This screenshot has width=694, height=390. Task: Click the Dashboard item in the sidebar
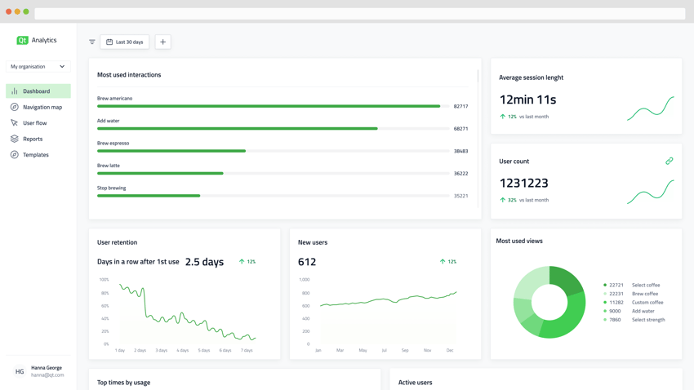point(37,91)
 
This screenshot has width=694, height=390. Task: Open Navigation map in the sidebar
point(42,107)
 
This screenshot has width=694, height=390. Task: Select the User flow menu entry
point(34,123)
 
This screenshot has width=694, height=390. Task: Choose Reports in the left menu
point(33,139)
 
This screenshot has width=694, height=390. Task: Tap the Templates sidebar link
point(35,155)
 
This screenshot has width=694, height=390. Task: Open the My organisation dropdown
point(38,67)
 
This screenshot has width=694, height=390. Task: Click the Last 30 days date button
point(124,42)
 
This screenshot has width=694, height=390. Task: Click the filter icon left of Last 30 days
point(92,42)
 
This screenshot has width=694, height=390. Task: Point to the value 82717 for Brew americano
point(460,106)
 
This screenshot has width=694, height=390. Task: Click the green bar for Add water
point(237,128)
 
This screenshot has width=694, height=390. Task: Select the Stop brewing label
point(112,188)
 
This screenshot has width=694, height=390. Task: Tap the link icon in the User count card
point(669,162)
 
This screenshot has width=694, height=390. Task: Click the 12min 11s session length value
point(527,100)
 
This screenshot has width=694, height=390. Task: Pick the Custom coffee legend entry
point(647,303)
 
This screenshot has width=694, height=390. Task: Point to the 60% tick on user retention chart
point(105,306)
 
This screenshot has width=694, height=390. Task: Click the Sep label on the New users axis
point(405,350)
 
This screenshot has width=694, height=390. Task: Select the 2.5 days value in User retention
point(204,262)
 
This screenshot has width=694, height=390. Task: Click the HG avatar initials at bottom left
point(20,371)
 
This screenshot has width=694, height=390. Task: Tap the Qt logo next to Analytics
point(22,40)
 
